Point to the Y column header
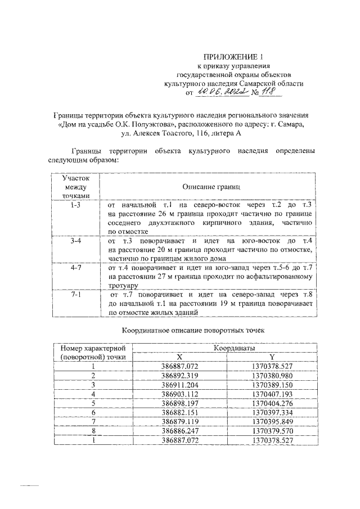pyautogui.click(x=272, y=357)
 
